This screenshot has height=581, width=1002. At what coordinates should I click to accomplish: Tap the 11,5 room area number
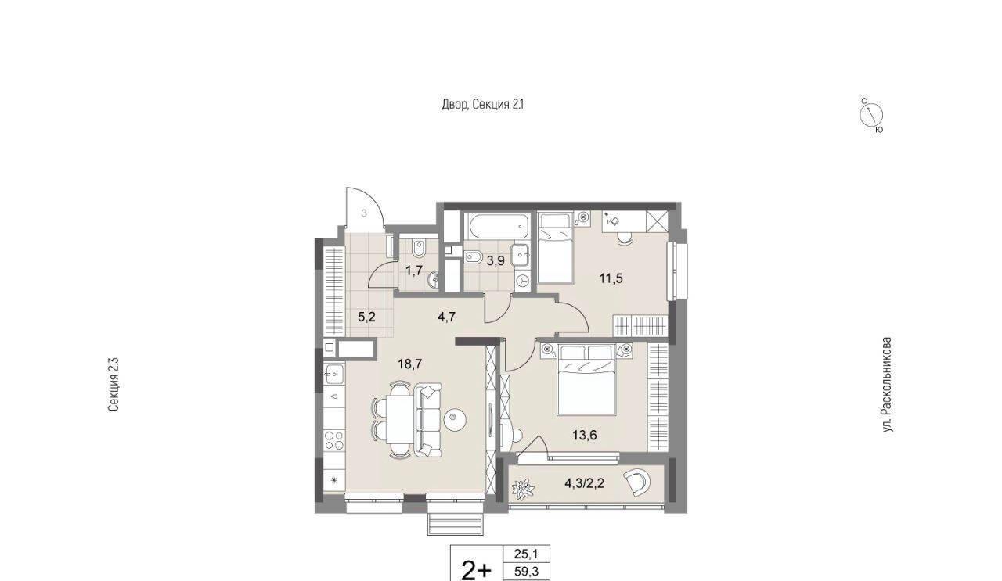pos(611,279)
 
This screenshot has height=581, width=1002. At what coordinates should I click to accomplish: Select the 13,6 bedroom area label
pos(585,435)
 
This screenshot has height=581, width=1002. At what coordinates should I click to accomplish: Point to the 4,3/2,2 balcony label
pos(585,483)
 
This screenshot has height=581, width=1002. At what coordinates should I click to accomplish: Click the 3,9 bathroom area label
pos(496,261)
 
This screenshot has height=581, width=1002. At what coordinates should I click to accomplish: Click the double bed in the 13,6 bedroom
pos(586,379)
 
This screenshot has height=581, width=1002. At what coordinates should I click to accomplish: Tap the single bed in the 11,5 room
pos(555,248)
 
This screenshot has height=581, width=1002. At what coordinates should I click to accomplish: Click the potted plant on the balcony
pos(523,489)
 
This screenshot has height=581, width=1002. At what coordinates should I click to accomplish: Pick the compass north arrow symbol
pos(871,114)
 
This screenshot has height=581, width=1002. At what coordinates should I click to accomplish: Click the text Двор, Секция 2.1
pos(483,105)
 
